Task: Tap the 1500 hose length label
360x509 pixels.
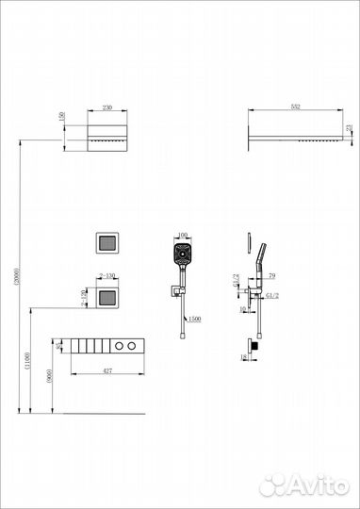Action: pos(193,319)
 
